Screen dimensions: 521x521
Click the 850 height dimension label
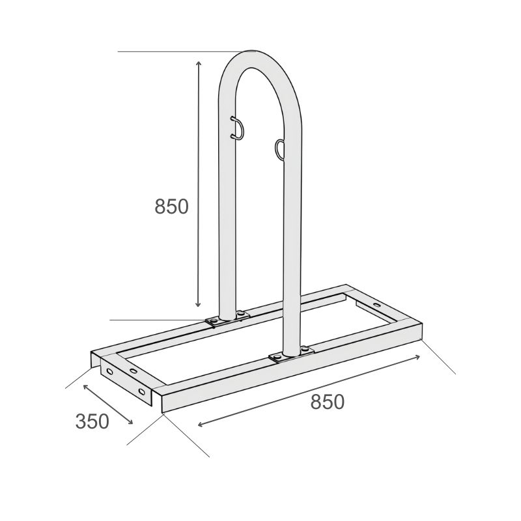[x=171, y=206]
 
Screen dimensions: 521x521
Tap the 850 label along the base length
[x=328, y=402]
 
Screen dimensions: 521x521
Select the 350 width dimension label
[x=92, y=421]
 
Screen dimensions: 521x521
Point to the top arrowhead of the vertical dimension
[x=199, y=63]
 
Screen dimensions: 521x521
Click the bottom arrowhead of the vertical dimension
[x=198, y=303]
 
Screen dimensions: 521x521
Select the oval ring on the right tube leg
[x=279, y=149]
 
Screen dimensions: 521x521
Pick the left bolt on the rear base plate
[x=214, y=321]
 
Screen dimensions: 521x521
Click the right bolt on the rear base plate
[x=240, y=313]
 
